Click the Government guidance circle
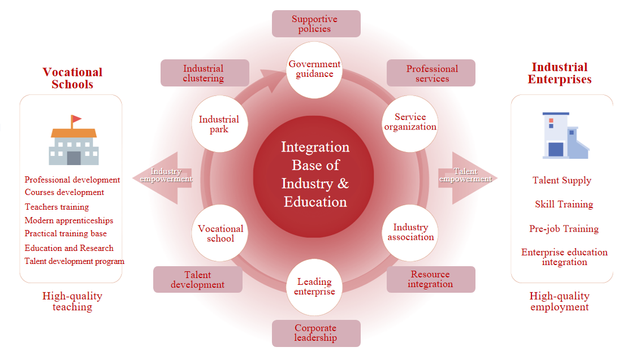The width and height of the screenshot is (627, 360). [x=314, y=68]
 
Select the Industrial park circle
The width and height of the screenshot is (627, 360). [x=219, y=124]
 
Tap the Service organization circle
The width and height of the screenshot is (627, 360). [x=410, y=122]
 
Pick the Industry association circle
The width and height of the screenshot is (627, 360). [x=410, y=232]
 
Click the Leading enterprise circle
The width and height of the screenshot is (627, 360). [x=314, y=287]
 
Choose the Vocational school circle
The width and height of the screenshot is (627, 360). [x=220, y=233]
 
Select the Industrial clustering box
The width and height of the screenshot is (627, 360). [x=205, y=73]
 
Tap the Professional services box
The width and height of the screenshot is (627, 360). [x=431, y=73]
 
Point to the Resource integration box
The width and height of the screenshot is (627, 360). [x=431, y=279]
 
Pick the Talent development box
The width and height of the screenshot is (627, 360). [x=198, y=279]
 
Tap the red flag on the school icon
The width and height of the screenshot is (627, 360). [x=76, y=119]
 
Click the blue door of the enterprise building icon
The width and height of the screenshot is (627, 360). [x=556, y=149]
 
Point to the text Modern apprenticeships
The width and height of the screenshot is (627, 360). [x=69, y=220]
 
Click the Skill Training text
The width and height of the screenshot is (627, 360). [x=564, y=204]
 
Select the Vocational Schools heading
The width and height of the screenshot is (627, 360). [x=72, y=79]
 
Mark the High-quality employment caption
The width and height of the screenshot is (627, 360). [x=559, y=301]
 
